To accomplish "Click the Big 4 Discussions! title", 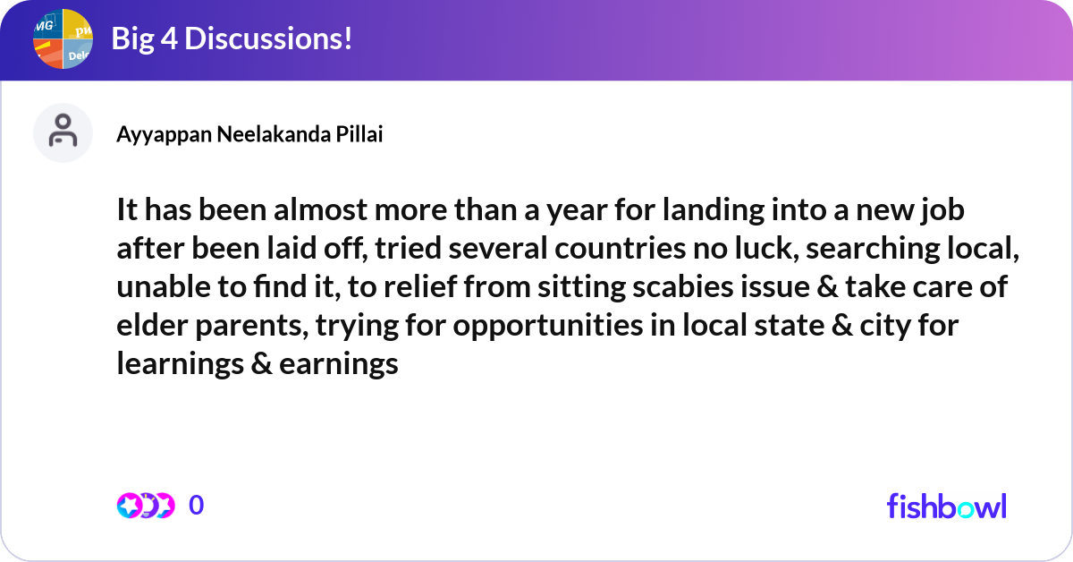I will pos(231,39).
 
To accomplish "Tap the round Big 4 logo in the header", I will pos(63,39).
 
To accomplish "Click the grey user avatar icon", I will pos(63,132).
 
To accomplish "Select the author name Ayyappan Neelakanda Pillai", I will pos(250,134).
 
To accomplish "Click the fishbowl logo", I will pos(946,506).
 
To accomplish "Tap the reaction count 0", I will pos(197,506).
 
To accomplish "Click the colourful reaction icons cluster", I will pos(145,506).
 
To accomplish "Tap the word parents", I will pos(248,327).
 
